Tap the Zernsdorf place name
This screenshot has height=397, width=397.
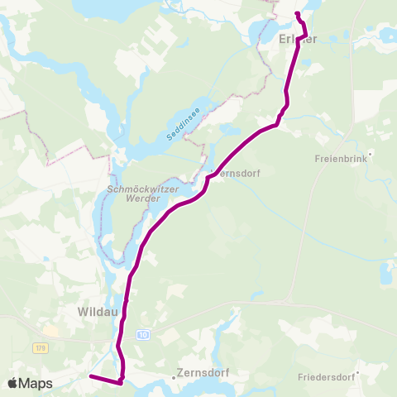201,374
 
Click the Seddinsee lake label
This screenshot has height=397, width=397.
182,124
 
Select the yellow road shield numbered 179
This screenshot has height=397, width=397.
39,349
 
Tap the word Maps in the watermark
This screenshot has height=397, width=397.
36,383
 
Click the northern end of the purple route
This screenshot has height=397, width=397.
296,14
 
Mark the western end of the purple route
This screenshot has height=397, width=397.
90,377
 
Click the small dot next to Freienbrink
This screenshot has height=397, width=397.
371,152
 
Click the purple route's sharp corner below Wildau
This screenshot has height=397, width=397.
121,382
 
